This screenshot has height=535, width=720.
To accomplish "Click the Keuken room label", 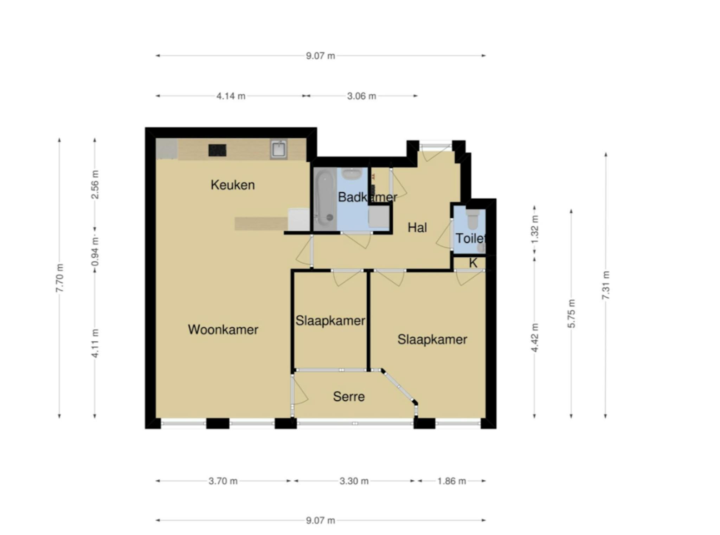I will coord(232,185).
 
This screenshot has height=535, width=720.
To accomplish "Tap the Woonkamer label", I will coord(223,329).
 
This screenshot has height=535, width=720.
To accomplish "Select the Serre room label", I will coord(348,397).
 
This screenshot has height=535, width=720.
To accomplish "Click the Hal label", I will coord(417,227).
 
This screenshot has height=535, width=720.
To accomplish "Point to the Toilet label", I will coord(470,238).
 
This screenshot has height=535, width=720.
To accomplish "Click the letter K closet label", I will coord(473,263).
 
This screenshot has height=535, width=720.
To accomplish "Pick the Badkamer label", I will coord(367,197).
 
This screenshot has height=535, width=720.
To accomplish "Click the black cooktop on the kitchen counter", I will coord(217,150).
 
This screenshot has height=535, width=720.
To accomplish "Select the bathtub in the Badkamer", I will coord(324,199).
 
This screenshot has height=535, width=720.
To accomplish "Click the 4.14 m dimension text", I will coord(231,96).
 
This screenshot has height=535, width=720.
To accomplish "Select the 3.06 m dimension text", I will coord(361,96).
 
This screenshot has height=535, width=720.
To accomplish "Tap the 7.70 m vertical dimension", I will coord(60,278).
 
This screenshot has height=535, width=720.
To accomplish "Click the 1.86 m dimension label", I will coord(451,481).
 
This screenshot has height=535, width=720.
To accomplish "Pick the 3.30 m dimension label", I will coord(354,481).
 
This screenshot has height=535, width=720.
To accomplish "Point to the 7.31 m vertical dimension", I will coord(605,285).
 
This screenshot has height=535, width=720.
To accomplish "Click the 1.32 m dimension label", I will coord(534,229).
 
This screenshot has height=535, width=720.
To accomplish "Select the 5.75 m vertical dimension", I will coord(571,314).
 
